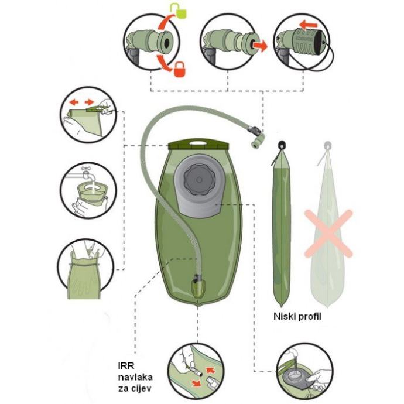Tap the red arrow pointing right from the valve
(260, 46)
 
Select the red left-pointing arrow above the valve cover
(308, 26)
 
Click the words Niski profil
(297, 316)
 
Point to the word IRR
(126, 366)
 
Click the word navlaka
(135, 377)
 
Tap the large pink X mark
(328, 234)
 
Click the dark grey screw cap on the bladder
(198, 180)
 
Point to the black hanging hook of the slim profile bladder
(282, 145)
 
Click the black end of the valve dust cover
(322, 40)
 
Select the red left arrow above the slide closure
(74, 102)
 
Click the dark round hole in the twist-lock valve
(166, 43)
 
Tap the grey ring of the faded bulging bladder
(327, 145)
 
